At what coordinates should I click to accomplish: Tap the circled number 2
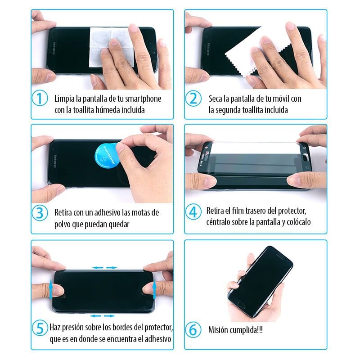[x=194, y=99]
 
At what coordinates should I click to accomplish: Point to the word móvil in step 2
[x=280, y=98]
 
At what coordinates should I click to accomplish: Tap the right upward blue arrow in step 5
[x=155, y=288]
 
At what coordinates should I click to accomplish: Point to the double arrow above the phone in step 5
[x=104, y=268]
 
